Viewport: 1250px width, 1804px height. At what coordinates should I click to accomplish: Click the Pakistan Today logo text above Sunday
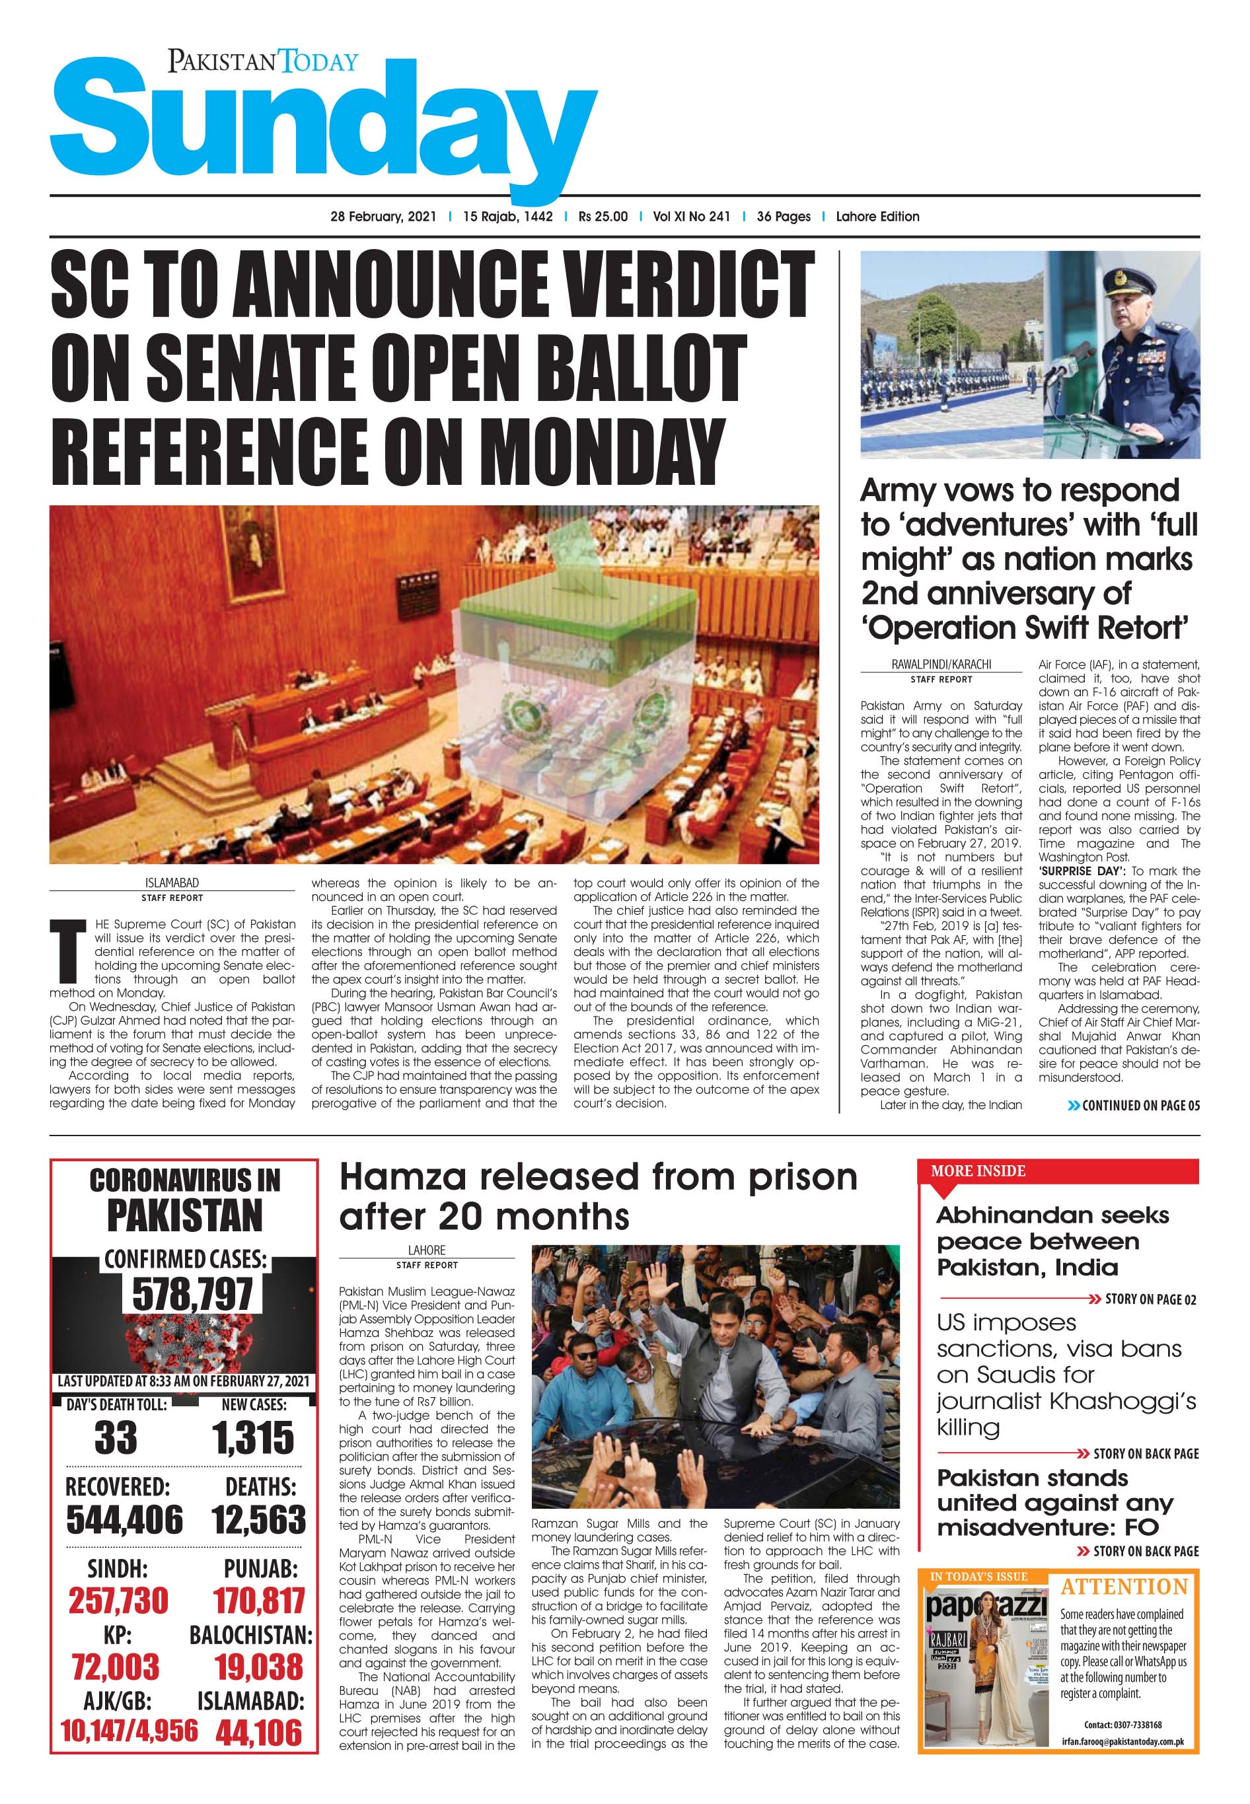tap(262, 61)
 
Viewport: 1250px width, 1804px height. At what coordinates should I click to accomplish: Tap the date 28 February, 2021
tap(383, 217)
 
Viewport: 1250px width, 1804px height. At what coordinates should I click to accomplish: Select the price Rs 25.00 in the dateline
tap(603, 217)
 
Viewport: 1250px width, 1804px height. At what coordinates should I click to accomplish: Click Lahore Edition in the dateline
tap(877, 217)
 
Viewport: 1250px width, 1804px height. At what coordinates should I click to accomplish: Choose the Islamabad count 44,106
tap(258, 1733)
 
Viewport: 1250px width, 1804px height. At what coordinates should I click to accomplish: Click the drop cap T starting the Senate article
tap(67, 951)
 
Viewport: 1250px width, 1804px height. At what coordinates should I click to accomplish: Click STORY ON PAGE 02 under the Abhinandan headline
tap(1150, 1300)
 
